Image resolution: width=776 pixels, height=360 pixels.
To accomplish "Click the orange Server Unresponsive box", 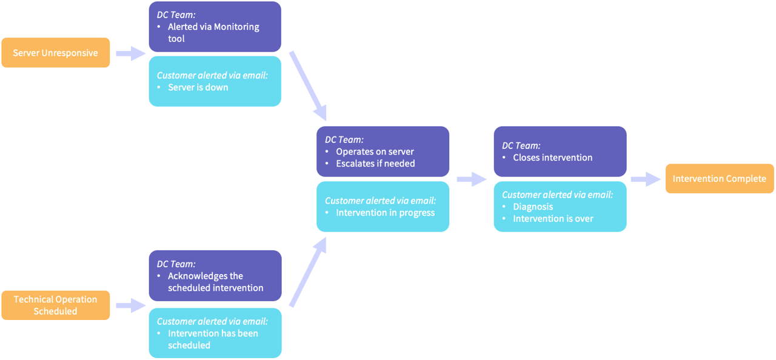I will pos(55,53).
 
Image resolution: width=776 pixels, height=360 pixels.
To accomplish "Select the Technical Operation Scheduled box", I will pos(55,305).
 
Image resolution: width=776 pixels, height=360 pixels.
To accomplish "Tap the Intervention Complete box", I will pos(719,179).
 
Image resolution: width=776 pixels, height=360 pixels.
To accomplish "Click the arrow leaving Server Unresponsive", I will pos(130,53).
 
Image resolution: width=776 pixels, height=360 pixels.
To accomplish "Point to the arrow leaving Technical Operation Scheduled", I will pos(130,305).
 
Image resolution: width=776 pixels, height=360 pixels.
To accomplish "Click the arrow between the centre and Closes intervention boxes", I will pos(471,179).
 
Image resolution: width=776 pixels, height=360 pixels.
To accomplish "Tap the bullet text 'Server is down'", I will pos(198,87).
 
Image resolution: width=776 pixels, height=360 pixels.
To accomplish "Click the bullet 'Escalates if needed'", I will pos(375,163).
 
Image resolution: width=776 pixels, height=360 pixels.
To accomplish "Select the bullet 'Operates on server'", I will pos(375,152).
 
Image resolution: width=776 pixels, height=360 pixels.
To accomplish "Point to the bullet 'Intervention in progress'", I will pos(385,213).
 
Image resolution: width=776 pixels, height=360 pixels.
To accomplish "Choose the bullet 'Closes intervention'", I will pos(552,158).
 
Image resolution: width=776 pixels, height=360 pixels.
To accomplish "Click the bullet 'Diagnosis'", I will pos(533,207).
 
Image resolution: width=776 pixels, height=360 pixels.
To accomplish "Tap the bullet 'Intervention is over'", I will pos(553,219).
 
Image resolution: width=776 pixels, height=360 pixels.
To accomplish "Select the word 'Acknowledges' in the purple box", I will pos(198,276).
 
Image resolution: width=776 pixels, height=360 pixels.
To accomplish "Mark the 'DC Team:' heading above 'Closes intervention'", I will pos(521,145).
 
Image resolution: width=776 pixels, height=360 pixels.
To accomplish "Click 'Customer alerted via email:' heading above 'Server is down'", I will pos(212,75).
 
